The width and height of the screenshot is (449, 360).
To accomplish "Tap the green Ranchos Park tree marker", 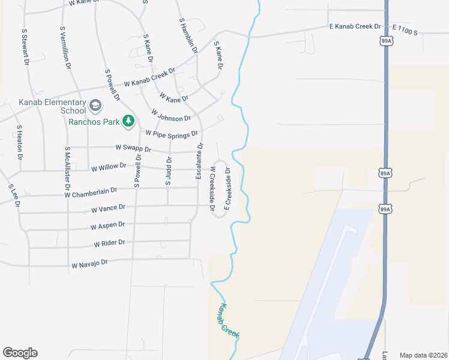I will coord(128,121).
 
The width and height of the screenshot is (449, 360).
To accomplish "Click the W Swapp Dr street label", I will coord(133,148).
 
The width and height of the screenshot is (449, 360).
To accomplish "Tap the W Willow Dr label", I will coord(109,167).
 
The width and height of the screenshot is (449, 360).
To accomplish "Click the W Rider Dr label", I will coord(109,243).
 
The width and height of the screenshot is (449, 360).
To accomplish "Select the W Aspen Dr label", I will coord(107,226).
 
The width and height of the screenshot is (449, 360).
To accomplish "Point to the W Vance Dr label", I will coord(108,208).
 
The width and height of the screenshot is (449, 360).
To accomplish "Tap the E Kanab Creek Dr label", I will coord(355,26).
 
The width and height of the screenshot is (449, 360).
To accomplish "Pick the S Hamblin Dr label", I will coord(188,35).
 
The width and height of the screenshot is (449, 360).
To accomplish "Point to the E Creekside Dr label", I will coord(228,189).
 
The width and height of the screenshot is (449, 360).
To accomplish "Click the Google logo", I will coord(20,353).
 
